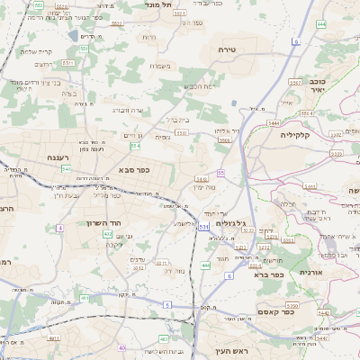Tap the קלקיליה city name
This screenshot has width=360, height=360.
294,135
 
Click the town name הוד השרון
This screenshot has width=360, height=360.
115,222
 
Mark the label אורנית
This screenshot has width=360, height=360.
310,271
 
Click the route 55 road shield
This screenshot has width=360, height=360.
220,173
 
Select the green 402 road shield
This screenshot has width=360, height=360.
108,233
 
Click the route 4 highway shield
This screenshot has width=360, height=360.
60,229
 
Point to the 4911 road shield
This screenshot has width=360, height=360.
53,338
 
